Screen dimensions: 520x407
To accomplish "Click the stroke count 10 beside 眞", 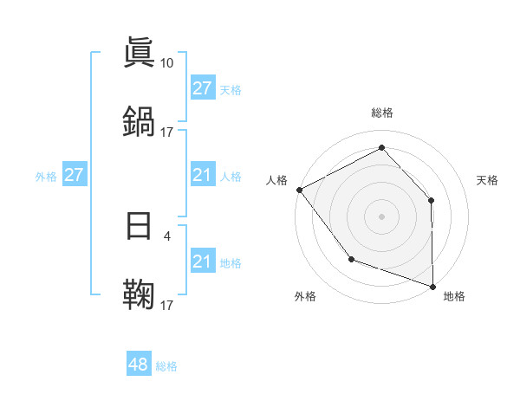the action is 167,62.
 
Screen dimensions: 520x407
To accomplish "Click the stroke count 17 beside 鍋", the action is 167,132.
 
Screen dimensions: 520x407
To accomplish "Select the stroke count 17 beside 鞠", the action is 167,304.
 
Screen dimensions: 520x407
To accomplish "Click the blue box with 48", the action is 138,365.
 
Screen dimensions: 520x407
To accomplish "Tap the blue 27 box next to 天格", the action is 202,88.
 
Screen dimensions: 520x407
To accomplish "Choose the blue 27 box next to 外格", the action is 74,175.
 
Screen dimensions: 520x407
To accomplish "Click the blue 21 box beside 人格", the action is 202,175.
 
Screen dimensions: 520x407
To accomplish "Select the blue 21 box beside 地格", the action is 202,262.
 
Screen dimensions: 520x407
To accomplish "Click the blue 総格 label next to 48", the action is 166,366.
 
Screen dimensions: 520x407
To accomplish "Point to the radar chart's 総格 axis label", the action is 381,113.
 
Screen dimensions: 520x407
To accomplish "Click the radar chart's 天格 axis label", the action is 487,180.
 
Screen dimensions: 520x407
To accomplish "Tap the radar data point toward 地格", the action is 432,286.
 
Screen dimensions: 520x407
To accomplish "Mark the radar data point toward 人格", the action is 299,189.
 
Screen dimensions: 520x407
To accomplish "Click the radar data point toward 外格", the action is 351,259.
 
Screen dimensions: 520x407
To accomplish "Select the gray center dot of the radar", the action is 381,215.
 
